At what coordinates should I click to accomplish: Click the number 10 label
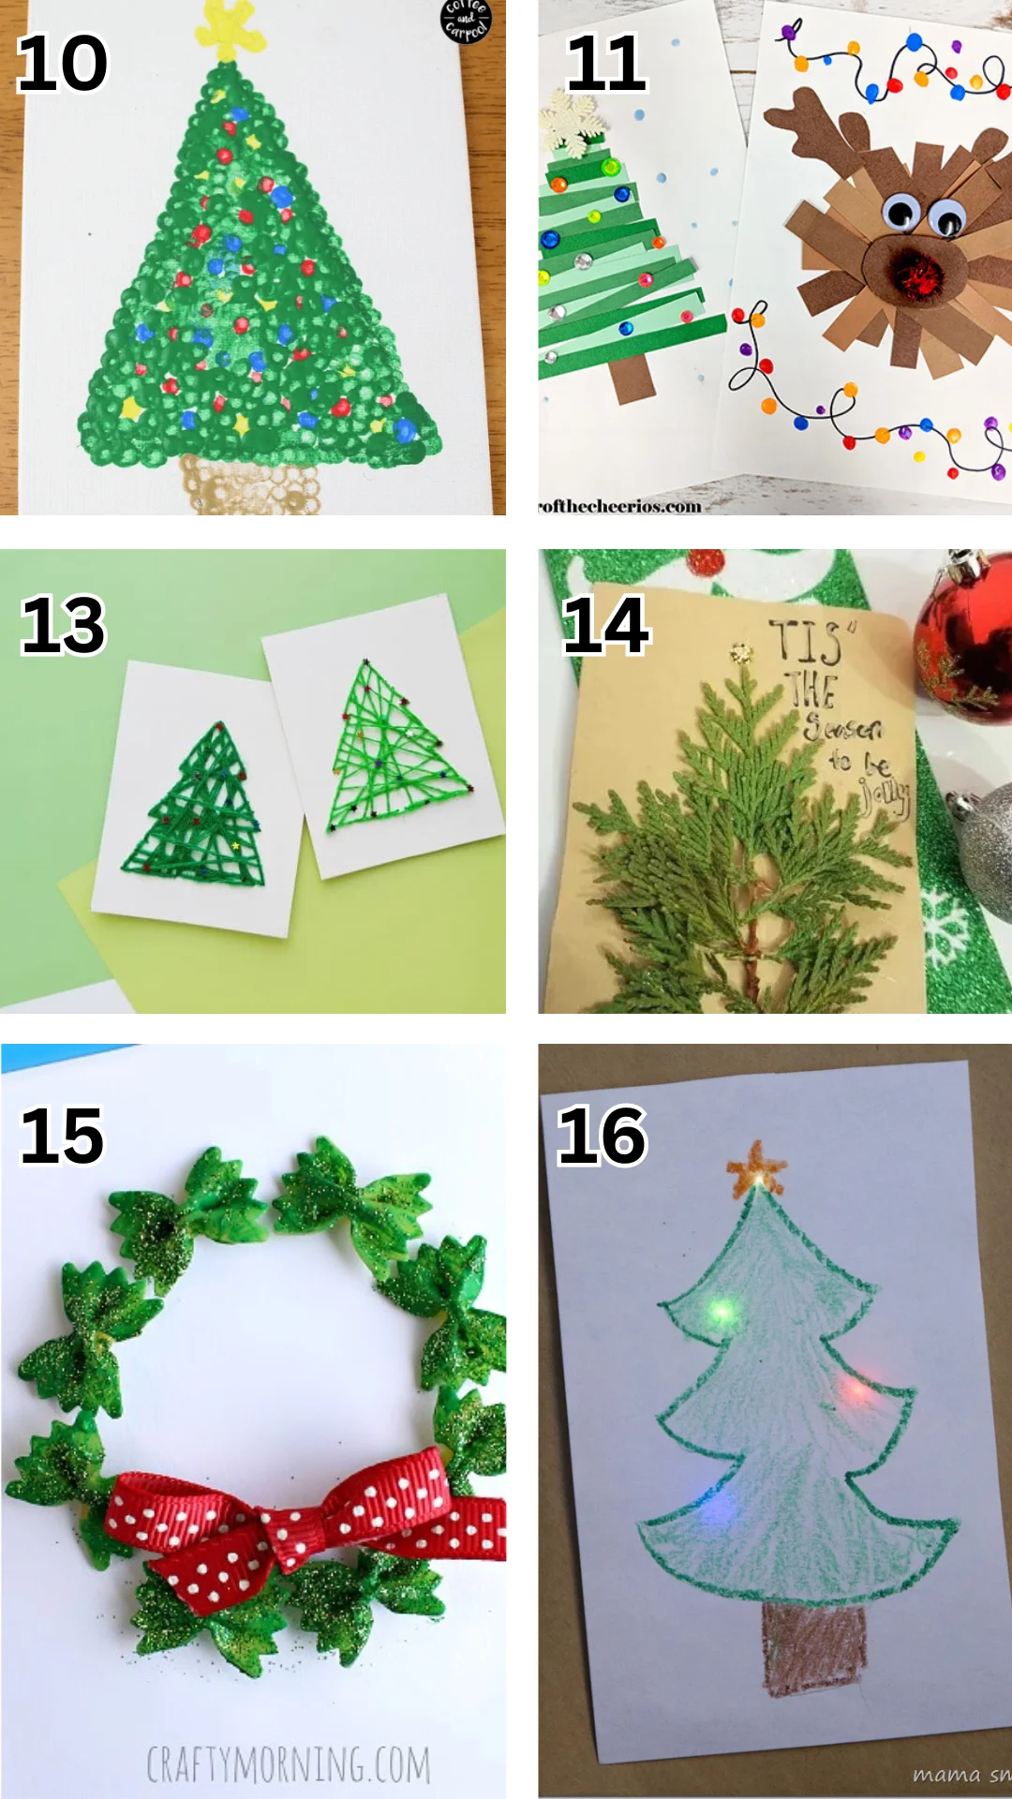click(x=62, y=64)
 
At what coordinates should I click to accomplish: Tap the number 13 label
click(x=63, y=625)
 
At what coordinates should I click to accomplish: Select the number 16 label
click(x=601, y=1136)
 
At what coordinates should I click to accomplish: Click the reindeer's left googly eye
click(x=901, y=211)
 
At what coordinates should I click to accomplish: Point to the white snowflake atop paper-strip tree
click(x=572, y=123)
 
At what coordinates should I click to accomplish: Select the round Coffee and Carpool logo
click(x=466, y=20)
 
